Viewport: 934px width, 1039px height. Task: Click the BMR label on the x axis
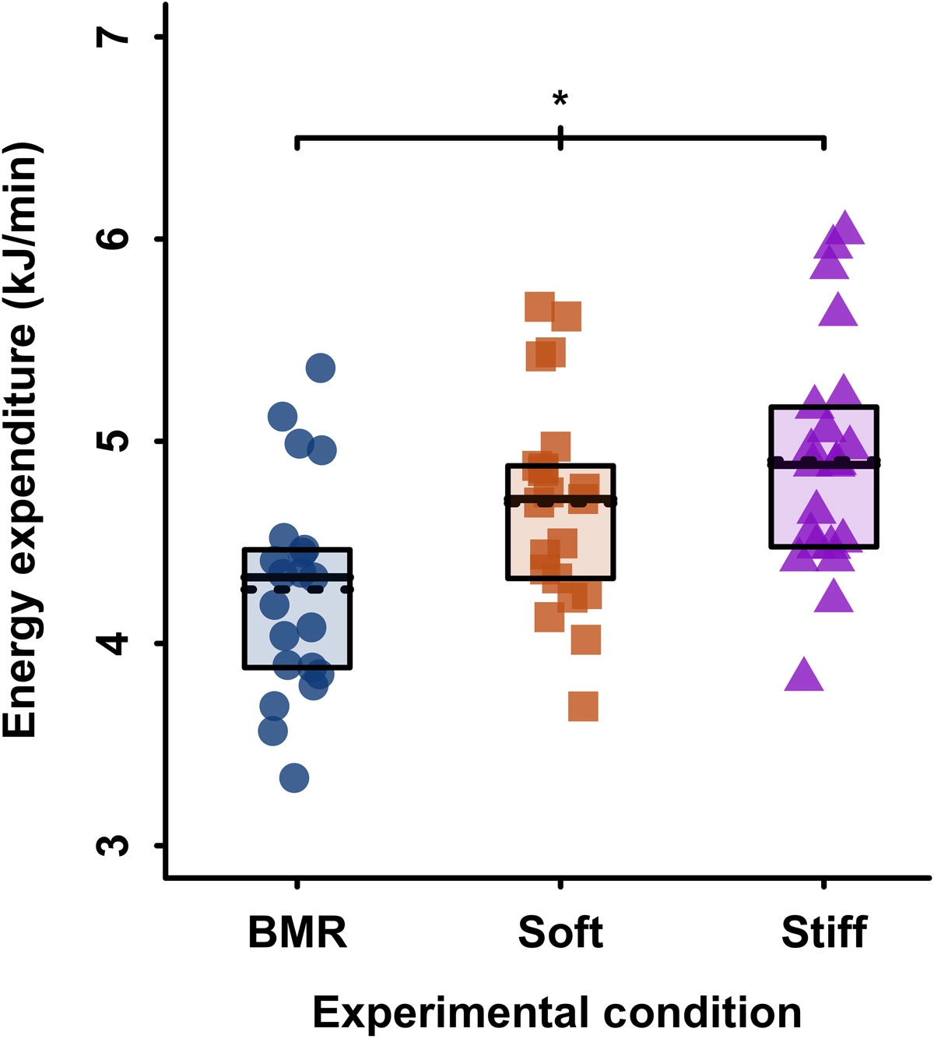(x=297, y=932)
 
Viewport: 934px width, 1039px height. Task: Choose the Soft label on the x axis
(x=560, y=932)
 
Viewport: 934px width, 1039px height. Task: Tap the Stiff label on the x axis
(x=824, y=932)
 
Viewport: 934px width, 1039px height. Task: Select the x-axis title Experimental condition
(x=557, y=1013)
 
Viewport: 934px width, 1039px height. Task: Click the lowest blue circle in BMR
(x=293, y=777)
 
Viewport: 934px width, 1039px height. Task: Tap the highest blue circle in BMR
(x=320, y=368)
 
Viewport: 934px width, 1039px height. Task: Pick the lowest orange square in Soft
(x=583, y=706)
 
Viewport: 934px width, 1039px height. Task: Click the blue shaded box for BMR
(x=297, y=623)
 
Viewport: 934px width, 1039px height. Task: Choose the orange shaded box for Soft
(x=560, y=537)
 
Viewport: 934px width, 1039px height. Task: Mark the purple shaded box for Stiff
(x=824, y=506)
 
